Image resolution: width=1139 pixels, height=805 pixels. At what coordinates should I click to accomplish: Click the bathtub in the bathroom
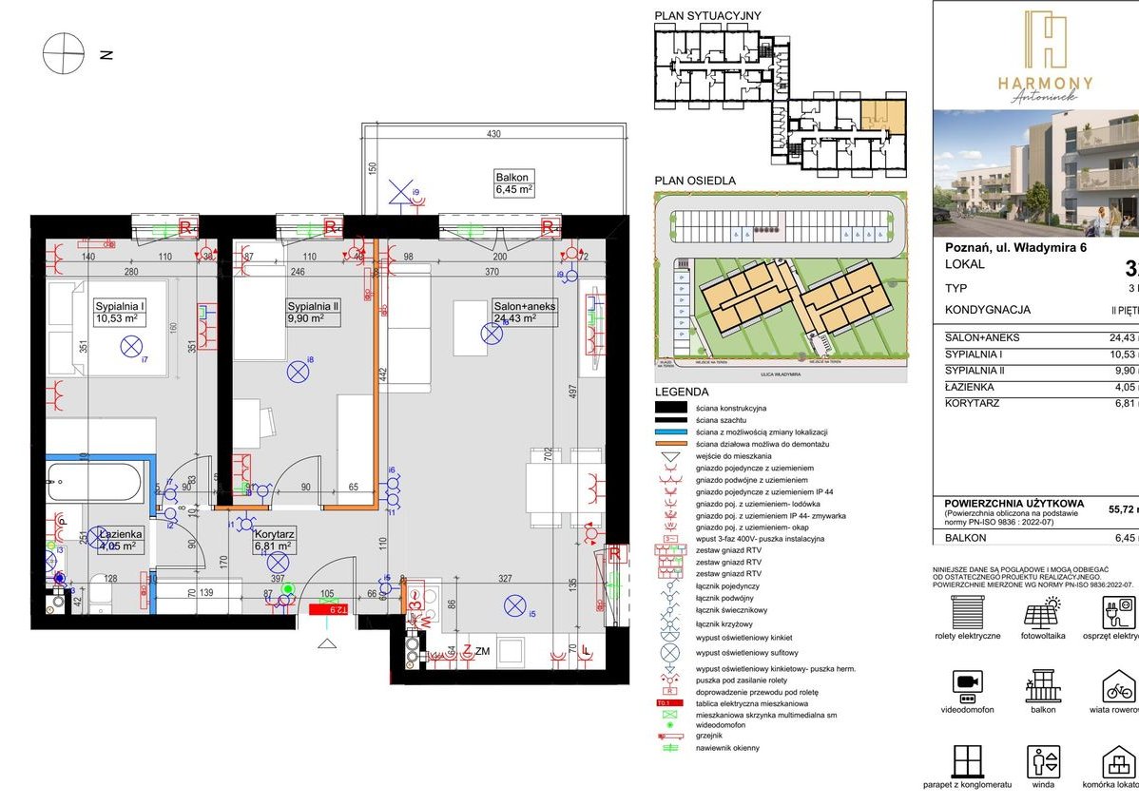pos(98,482)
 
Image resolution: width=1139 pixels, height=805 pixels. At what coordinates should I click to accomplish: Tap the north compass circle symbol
pos(64,53)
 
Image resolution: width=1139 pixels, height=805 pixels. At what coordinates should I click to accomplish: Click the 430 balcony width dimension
pos(493,134)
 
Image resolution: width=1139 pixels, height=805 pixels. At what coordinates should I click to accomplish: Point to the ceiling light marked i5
pos(515,604)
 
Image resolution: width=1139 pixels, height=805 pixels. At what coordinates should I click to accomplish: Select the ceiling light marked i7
pos(130,348)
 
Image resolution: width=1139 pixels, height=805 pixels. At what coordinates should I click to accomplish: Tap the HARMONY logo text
pos(1045,84)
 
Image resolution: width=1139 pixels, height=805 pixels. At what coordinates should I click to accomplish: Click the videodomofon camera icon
pos(967,684)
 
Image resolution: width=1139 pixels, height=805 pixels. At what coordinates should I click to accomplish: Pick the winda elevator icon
pos(1042,762)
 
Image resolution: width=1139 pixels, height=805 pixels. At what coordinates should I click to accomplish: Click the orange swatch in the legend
pos(672,444)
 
